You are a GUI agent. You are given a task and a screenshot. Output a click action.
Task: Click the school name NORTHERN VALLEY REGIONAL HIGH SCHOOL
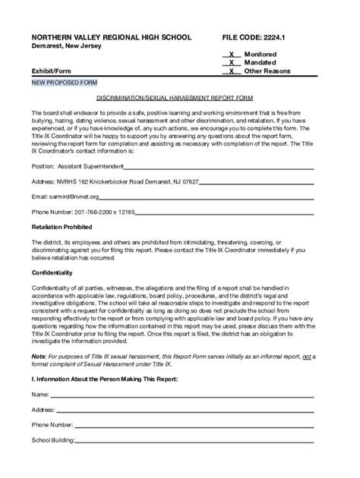click(111, 36)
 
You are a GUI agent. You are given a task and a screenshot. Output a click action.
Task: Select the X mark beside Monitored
click(231, 55)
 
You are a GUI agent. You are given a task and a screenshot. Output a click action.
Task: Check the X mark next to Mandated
click(231, 63)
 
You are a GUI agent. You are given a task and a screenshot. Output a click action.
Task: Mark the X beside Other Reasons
click(231, 71)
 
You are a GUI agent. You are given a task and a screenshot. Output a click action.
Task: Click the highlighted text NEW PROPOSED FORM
click(64, 82)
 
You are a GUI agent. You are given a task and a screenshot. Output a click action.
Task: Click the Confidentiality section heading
click(52, 272)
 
